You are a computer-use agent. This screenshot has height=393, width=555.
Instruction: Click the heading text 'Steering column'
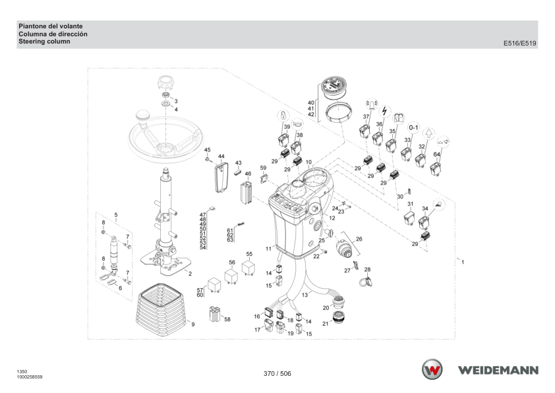click(44, 42)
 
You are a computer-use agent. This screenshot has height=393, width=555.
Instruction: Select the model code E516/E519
click(519, 44)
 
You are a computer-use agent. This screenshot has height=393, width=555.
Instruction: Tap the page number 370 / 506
click(277, 373)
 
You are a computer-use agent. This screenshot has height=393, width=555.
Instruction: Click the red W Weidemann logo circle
click(432, 369)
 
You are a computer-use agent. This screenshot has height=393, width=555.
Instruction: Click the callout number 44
click(221, 156)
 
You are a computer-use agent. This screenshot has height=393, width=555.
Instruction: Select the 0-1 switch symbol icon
click(413, 127)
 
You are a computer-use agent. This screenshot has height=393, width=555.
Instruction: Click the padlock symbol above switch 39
click(283, 115)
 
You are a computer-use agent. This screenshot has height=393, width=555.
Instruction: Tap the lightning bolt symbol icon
click(384, 111)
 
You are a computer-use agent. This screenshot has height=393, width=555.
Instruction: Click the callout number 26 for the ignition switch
click(359, 239)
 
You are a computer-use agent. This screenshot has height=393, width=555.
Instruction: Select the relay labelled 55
click(248, 268)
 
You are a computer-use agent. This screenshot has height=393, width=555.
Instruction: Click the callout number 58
click(227, 319)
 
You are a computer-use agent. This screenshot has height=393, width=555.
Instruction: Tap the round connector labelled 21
click(338, 318)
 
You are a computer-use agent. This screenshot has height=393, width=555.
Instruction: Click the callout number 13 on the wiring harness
click(305, 295)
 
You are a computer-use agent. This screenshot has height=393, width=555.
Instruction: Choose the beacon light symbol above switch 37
click(371, 104)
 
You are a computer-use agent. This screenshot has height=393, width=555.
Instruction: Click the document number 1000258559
click(30, 377)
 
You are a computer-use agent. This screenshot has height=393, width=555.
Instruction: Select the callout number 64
click(437, 154)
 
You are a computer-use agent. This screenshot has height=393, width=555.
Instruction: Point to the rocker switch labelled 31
click(409, 218)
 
